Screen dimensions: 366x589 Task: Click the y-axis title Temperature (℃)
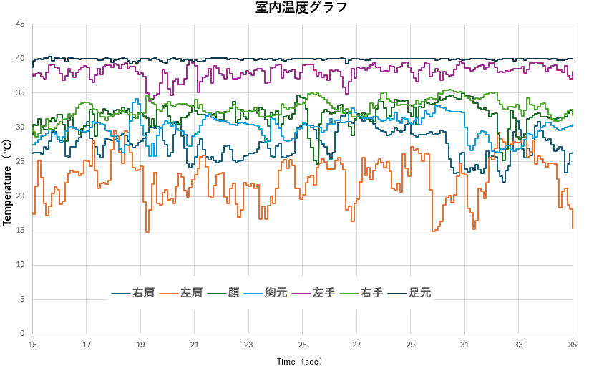click(x=7, y=183)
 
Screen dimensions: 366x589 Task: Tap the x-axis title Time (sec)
click(x=300, y=362)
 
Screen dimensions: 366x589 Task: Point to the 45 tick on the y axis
click(x=20, y=24)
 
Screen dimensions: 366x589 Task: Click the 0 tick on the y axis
click(x=22, y=334)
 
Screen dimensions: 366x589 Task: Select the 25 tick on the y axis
click(x=20, y=162)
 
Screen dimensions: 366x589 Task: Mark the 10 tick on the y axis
click(x=20, y=265)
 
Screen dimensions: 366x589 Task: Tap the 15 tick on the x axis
click(x=32, y=345)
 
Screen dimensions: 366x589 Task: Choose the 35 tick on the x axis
click(x=573, y=345)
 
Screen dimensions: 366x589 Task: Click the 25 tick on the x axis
click(x=303, y=345)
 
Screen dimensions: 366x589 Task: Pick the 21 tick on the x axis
click(x=194, y=345)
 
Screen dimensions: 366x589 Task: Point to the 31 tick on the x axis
click(x=464, y=345)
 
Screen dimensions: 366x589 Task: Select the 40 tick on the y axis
click(x=20, y=59)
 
